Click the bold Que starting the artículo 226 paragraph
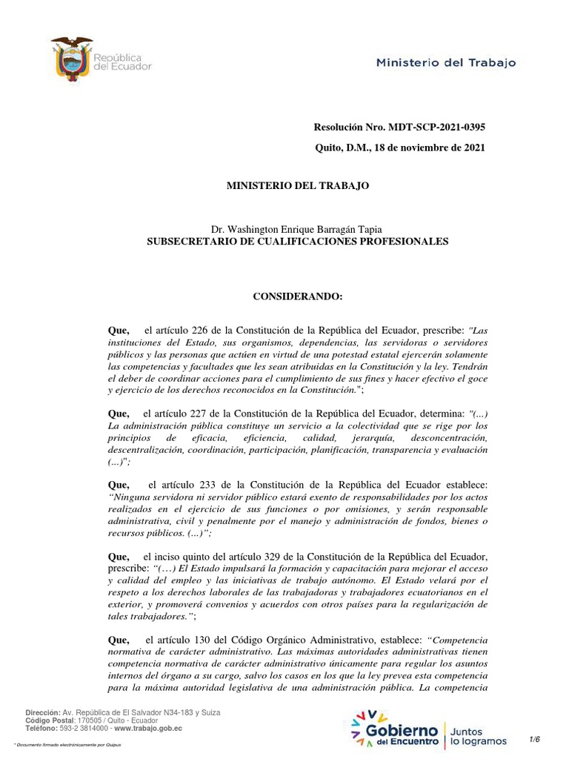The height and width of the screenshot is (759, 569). (119, 330)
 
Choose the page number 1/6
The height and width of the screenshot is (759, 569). (535, 739)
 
